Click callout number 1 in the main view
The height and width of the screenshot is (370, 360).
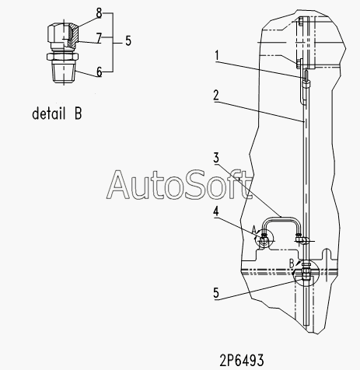coord(217,55)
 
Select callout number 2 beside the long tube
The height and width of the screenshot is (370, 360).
coord(216,96)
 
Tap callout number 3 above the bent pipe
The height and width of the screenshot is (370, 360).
coord(216,158)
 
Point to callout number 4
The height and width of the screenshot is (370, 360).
coord(216,211)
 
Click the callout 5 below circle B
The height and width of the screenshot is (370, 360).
coord(216,293)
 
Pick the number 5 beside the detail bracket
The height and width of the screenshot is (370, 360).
coord(128,41)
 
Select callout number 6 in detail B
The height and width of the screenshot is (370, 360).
coord(100,72)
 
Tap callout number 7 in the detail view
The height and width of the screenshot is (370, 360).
coord(99,38)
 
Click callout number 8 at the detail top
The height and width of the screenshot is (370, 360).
coord(99,13)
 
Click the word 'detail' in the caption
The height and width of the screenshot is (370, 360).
coord(48,113)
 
